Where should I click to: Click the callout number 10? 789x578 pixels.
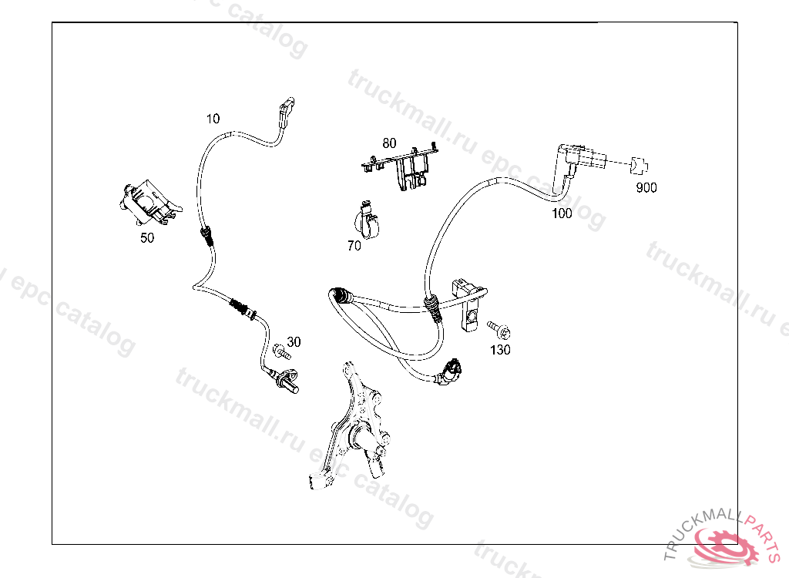[x=213, y=119]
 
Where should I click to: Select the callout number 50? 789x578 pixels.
[x=146, y=238]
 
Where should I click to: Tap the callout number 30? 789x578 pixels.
[x=294, y=341]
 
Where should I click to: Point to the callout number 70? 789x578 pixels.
[x=354, y=246]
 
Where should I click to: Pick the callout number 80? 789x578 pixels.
[x=389, y=143]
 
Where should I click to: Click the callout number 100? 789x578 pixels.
[x=562, y=213]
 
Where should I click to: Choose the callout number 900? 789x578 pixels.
[x=646, y=187]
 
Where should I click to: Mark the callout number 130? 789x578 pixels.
[x=500, y=350]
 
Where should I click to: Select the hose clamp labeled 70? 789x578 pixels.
[x=367, y=221]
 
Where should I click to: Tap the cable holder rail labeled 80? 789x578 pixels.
[x=404, y=166]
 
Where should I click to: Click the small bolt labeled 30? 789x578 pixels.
[x=279, y=354]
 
